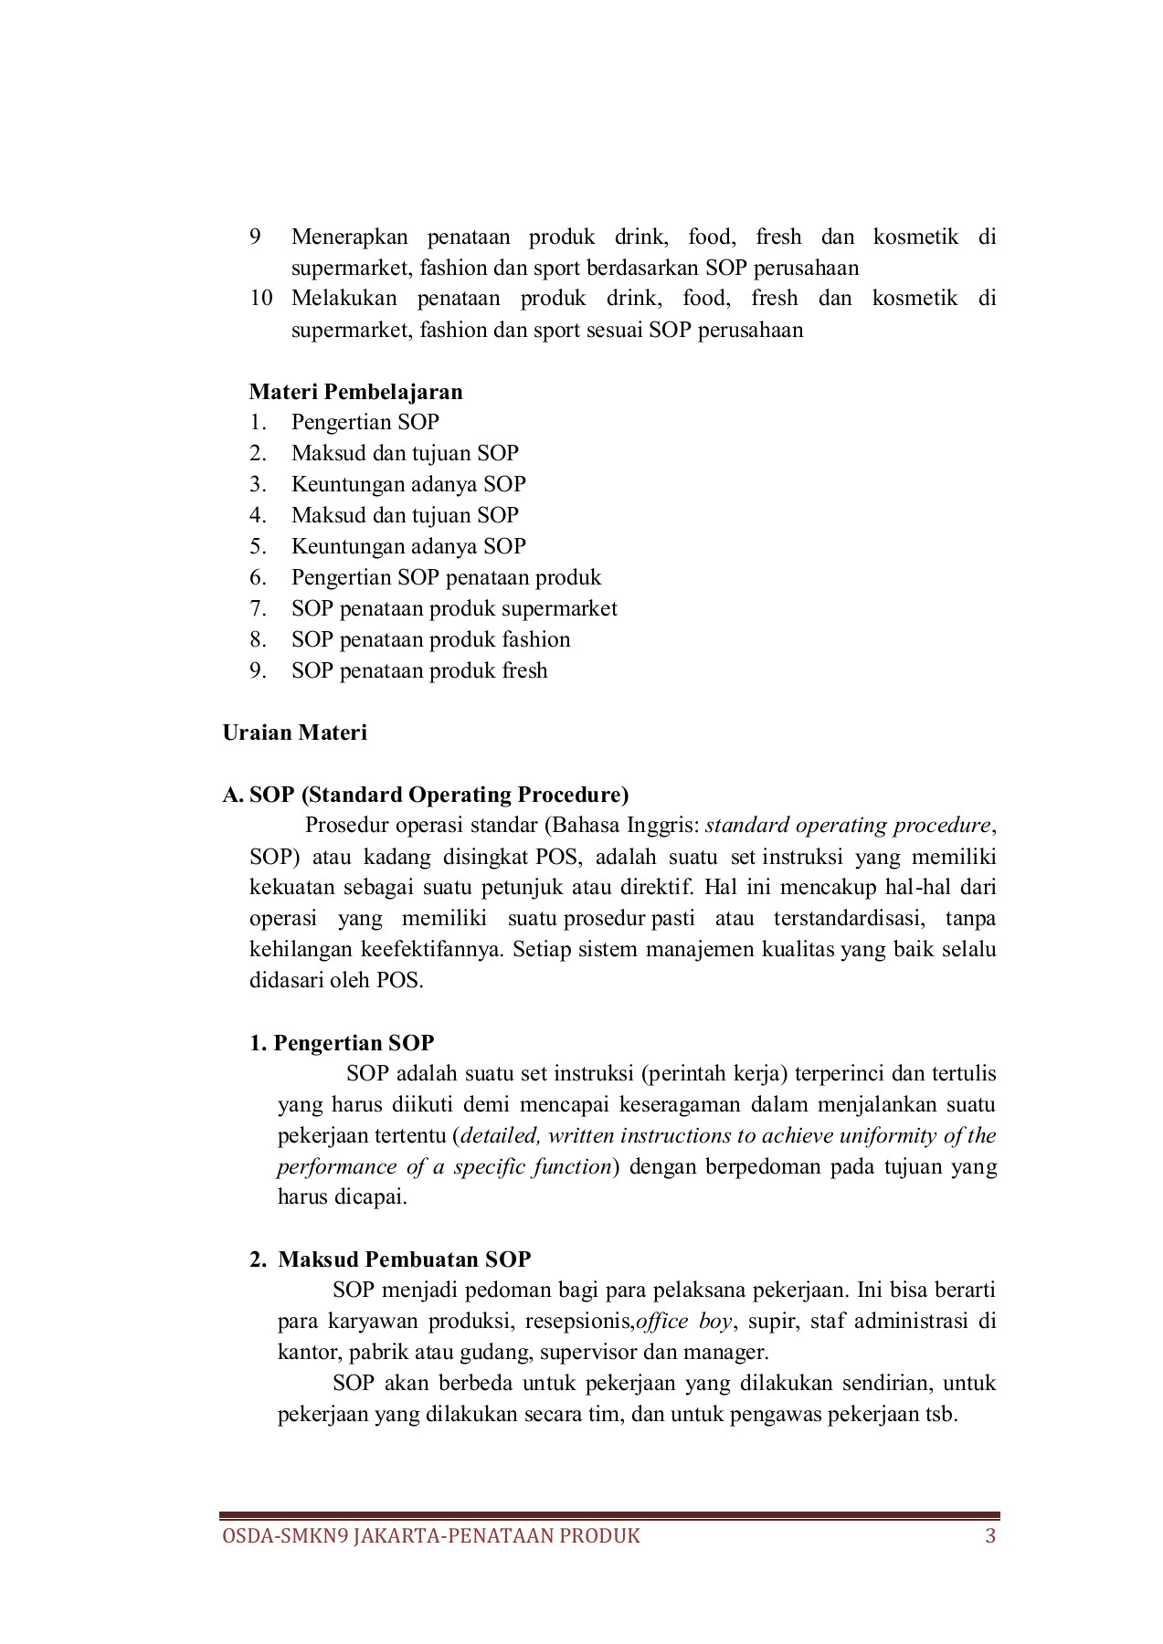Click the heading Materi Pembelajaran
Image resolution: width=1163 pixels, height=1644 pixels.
coord(355,392)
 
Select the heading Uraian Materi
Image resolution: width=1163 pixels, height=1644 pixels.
coord(294,732)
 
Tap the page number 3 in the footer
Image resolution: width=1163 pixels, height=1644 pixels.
coord(990,1535)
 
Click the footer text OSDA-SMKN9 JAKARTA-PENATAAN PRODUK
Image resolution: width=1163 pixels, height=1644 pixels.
coord(431,1535)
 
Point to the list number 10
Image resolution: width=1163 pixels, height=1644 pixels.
coord(261,299)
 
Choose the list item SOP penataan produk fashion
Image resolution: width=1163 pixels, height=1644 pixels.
coord(430,639)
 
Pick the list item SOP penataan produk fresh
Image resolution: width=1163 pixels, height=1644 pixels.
coord(419,670)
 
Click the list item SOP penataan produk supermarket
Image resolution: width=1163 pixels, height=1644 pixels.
coord(454,608)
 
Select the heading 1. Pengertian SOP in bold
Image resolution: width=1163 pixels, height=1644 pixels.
coord(342,1043)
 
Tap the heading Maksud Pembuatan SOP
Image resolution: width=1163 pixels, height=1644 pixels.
coord(404,1259)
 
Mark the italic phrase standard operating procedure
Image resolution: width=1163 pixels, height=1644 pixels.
coord(848,826)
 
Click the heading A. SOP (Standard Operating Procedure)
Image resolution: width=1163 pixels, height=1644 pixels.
coord(426,795)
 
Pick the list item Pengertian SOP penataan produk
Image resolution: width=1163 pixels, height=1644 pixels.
coord(446,577)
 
